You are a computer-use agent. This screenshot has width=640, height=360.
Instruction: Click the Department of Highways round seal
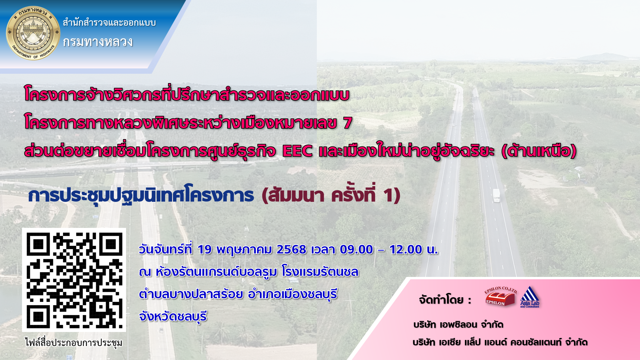coord(33,33)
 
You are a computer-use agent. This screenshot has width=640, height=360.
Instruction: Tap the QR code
coord(74,280)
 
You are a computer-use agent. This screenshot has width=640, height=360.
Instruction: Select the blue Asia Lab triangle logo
coord(530,297)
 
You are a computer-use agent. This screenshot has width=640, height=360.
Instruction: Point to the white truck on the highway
coord(496,195)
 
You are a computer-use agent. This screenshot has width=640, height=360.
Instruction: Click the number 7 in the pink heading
coord(348,123)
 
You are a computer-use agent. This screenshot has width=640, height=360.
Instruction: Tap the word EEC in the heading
coord(297,151)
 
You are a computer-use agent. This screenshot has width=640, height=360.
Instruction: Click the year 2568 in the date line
coord(291,249)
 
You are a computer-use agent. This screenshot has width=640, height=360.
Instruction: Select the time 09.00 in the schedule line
coord(356,249)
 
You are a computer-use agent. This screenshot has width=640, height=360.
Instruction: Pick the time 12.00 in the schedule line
coord(406,249)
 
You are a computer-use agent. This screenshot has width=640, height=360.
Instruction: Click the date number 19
coord(204,249)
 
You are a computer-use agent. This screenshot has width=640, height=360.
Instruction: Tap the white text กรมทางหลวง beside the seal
coord(98,42)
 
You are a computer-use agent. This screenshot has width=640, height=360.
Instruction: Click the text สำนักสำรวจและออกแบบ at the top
coord(109,22)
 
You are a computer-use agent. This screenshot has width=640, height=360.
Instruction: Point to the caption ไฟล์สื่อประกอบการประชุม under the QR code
coord(74,342)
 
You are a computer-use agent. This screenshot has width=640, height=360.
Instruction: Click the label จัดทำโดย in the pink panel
coord(441,300)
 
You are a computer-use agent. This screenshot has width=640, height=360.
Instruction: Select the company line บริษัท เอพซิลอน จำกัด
coord(458,324)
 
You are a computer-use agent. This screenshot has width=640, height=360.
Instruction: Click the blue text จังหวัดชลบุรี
coord(173,316)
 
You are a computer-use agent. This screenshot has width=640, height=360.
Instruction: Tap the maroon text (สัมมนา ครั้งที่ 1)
coord(331,195)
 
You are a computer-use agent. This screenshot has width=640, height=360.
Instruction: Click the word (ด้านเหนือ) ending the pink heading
coord(539,150)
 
